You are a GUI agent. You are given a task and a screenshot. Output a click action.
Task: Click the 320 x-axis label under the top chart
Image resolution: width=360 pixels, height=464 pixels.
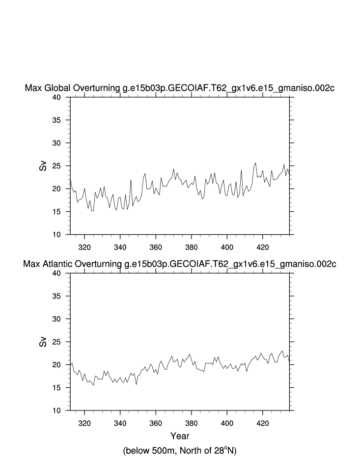tap(84, 246)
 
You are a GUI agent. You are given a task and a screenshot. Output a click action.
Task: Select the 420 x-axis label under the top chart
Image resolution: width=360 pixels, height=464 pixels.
tap(263, 246)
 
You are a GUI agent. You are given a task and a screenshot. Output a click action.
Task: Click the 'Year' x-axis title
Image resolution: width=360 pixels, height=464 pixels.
tap(180, 436)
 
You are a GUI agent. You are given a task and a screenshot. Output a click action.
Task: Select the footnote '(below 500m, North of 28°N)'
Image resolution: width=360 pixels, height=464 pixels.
tap(180, 450)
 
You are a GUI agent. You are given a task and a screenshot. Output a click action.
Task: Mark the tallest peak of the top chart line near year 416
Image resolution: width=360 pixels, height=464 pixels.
tap(255, 163)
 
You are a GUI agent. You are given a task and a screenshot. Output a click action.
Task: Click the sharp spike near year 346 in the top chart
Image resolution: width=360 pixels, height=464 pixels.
tap(131, 179)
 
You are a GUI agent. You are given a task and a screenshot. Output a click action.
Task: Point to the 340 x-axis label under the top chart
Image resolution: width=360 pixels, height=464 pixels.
tap(120, 246)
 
